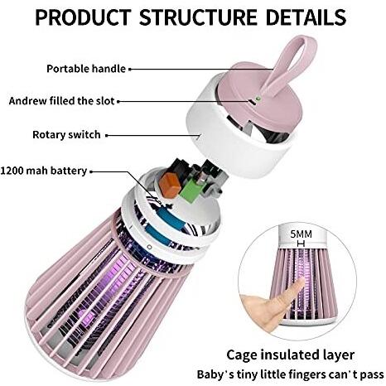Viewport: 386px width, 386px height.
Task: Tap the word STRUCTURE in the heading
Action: (198, 17)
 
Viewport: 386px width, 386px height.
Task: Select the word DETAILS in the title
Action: (306, 17)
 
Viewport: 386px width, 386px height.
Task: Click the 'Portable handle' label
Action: (86, 69)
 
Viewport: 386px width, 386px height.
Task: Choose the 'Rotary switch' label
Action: (66, 135)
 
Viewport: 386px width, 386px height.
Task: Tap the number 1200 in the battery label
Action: (12, 171)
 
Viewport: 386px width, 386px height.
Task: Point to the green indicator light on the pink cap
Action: (258, 98)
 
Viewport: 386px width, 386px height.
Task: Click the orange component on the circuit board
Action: (170, 185)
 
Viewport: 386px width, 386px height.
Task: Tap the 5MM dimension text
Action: (301, 234)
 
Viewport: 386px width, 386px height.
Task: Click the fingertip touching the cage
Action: (300, 284)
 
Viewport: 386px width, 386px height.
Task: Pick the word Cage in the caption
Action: (241, 355)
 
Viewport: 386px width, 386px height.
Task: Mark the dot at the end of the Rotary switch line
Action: (107, 135)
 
